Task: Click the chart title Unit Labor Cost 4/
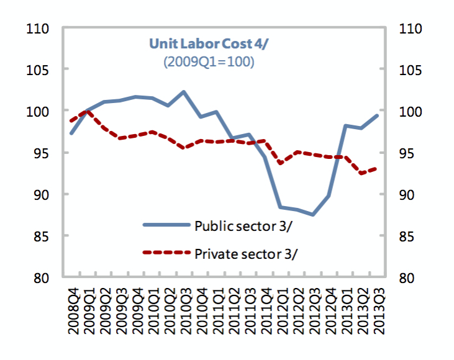pyautogui.click(x=197, y=43)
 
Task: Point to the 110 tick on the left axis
pyautogui.click(x=40, y=29)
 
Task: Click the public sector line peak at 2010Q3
pyautogui.click(x=183, y=92)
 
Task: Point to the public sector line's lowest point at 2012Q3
pyautogui.click(x=313, y=215)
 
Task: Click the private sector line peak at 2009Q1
pyautogui.click(x=88, y=112)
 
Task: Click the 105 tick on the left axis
pyautogui.click(x=40, y=70)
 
